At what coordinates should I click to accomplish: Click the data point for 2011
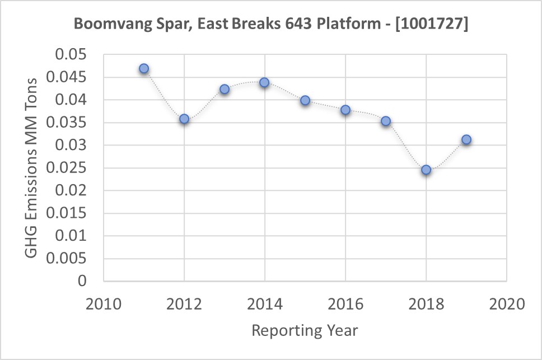pos(144,68)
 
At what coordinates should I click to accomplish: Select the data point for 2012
pos(184,119)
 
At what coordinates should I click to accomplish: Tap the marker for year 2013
pos(225,89)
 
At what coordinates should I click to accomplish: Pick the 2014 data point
pos(264,82)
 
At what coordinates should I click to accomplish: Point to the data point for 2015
pos(305,100)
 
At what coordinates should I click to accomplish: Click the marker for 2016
pos(345,110)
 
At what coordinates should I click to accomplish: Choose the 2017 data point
pos(386,121)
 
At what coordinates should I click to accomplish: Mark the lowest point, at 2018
pos(426,170)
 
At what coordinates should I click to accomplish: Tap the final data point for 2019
pos(466,139)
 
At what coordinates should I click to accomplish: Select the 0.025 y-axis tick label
pos(68,169)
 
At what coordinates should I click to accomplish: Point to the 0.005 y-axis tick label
pos(68,259)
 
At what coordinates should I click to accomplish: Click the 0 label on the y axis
pos(82,282)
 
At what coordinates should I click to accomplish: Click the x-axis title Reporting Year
pos(305,330)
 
